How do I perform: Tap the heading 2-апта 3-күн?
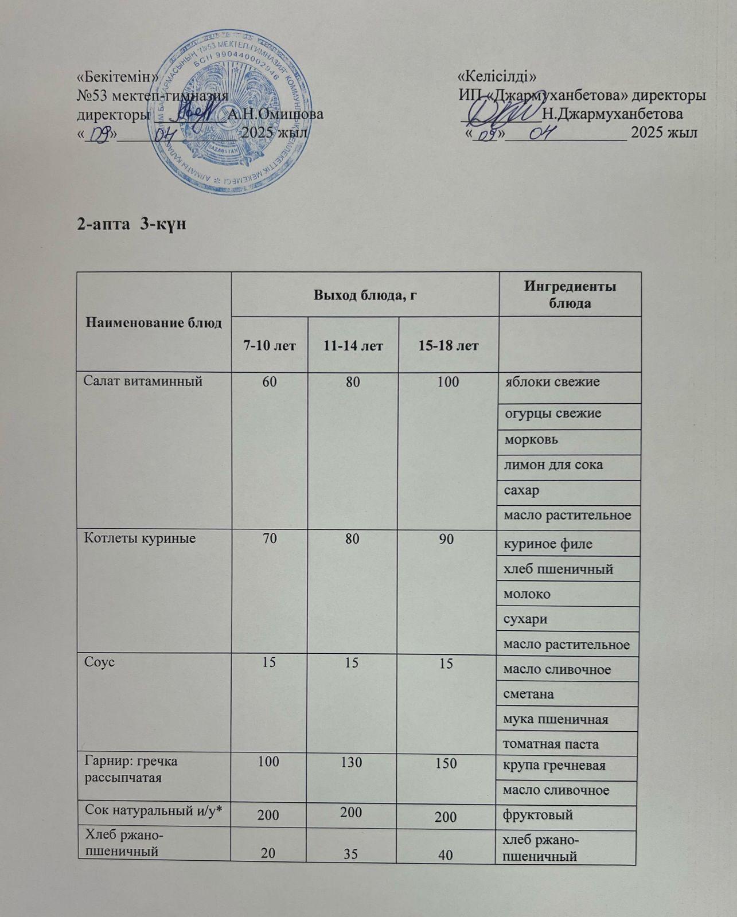[132, 224]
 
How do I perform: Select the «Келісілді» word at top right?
[498, 76]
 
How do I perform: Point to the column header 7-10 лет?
[270, 346]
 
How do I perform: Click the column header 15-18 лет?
[448, 346]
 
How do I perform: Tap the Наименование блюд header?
[154, 323]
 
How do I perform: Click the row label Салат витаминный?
[143, 381]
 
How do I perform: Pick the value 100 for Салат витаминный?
[448, 381]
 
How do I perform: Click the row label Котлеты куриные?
[140, 539]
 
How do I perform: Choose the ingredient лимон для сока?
[553, 465]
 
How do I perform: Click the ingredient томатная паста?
[551, 744]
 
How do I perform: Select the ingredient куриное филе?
[548, 544]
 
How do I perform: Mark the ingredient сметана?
[528, 694]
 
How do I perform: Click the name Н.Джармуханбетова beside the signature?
[613, 113]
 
